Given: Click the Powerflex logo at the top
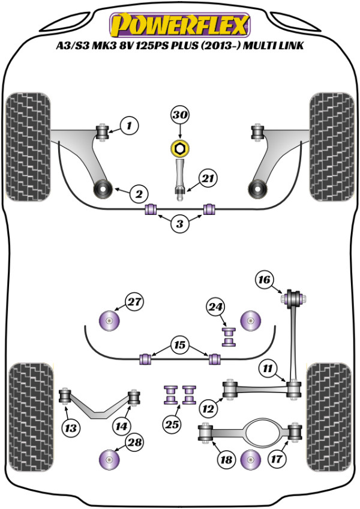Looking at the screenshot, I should point(179,25).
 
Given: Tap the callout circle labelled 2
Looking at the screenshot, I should point(138,193).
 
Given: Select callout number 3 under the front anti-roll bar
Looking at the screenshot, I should point(179,224).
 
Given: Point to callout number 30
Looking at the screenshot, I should point(179,115).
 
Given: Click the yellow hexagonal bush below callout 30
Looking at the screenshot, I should point(179,148).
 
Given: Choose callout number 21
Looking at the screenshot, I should point(208,178).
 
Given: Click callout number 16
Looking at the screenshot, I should point(264,279).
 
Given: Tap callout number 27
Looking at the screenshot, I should point(136,302).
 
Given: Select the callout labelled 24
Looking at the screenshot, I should point(215,307).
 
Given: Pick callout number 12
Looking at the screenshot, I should point(208,409).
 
